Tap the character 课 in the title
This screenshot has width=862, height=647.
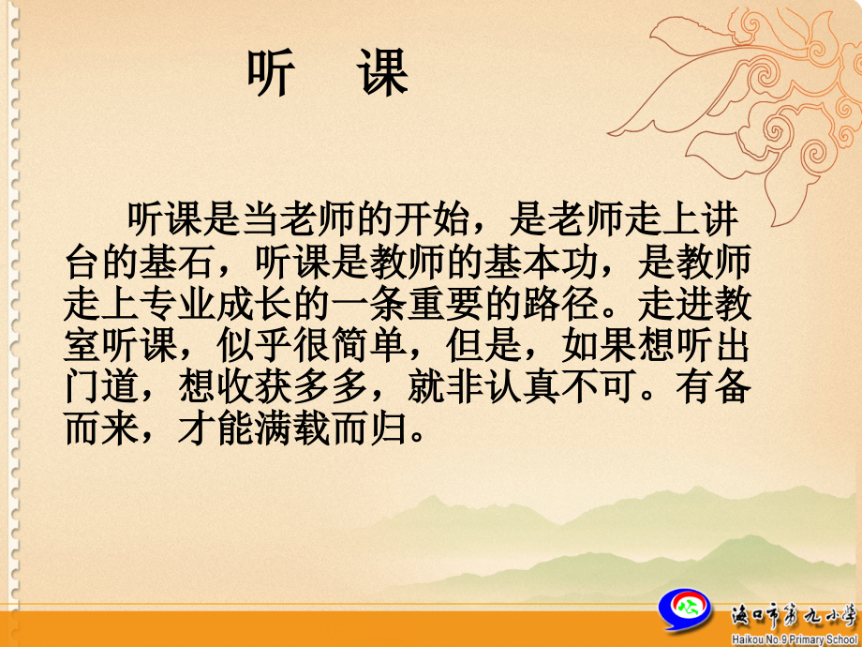[x=383, y=73]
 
